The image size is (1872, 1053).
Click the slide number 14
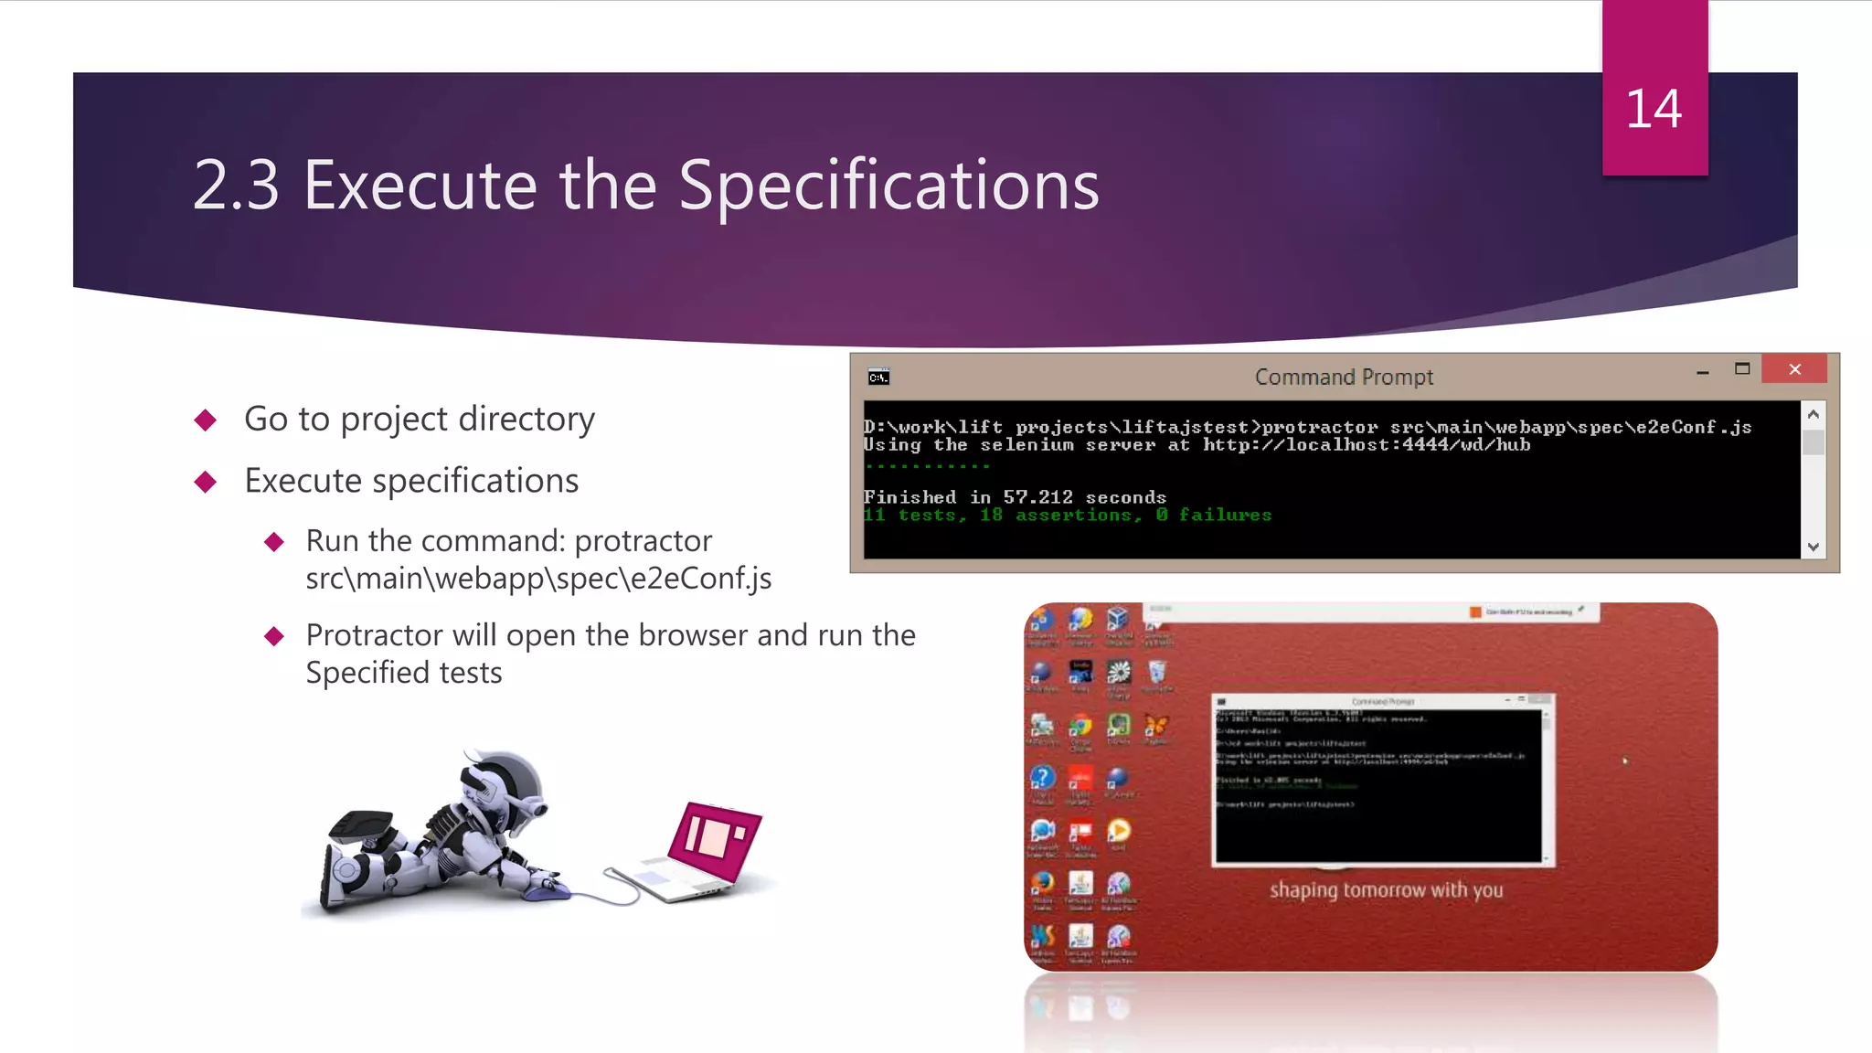(x=1654, y=110)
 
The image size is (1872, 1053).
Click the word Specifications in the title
(x=888, y=186)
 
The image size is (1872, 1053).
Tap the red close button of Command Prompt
(x=1794, y=369)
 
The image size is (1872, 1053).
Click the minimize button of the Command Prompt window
(x=1702, y=372)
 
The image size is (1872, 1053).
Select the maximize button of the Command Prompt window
(x=1742, y=369)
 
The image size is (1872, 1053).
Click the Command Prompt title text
(x=1343, y=377)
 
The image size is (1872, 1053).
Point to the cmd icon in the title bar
(x=878, y=378)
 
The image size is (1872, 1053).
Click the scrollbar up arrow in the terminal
(x=1813, y=414)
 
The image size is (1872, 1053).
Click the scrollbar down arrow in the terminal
(x=1813, y=547)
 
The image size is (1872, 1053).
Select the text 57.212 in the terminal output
(x=1037, y=497)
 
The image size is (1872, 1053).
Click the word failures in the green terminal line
(x=1225, y=516)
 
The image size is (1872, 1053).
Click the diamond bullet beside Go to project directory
(x=206, y=420)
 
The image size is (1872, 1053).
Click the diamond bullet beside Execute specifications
(x=206, y=482)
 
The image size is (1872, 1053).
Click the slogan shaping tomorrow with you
(x=1386, y=890)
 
